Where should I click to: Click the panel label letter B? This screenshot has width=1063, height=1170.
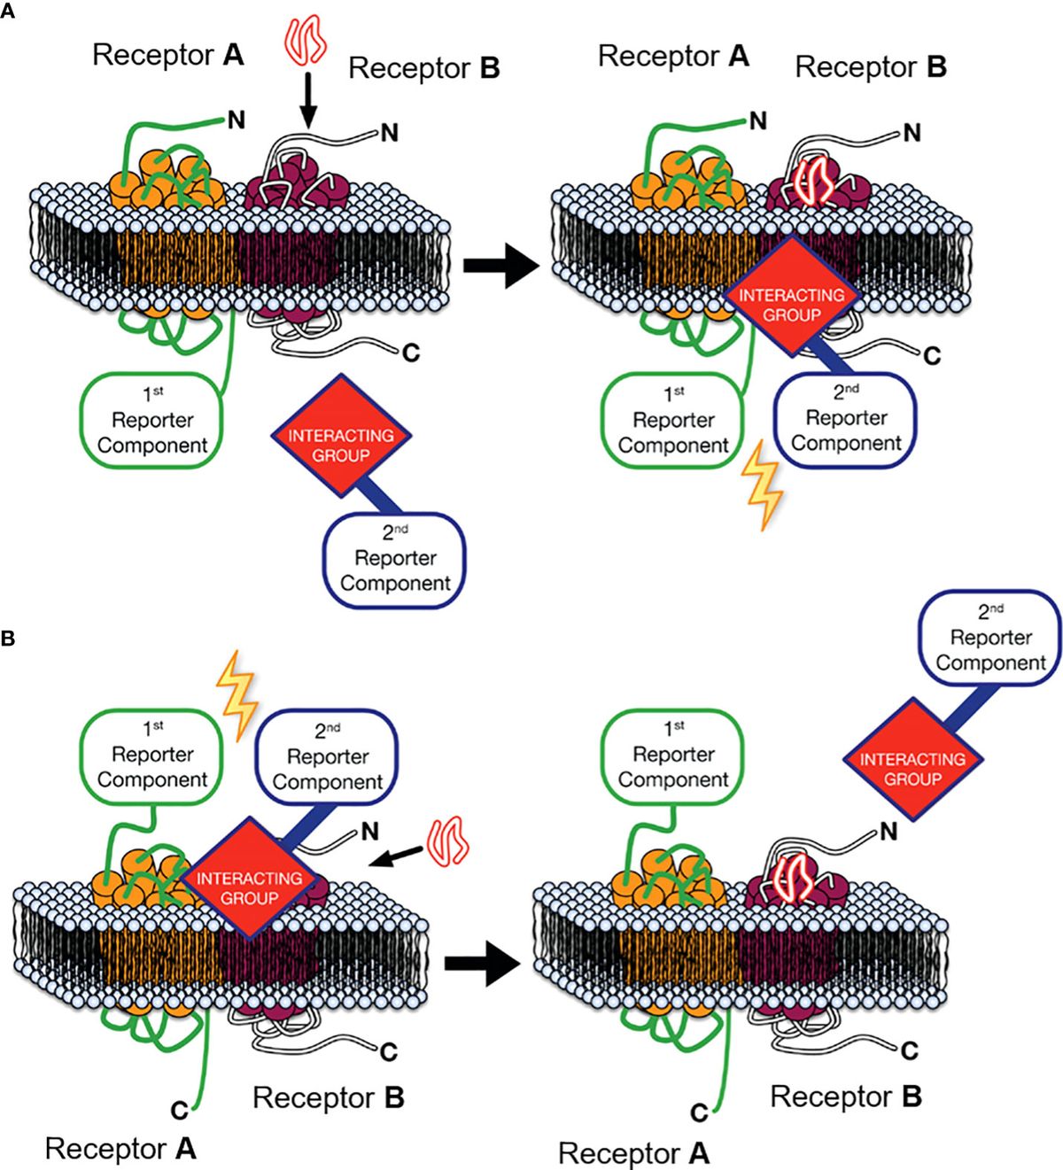8,638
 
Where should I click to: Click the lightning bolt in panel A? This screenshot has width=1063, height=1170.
760,485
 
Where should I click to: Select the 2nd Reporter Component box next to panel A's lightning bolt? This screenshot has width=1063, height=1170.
845,419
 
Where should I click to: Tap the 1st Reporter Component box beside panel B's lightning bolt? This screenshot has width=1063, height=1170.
152,755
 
